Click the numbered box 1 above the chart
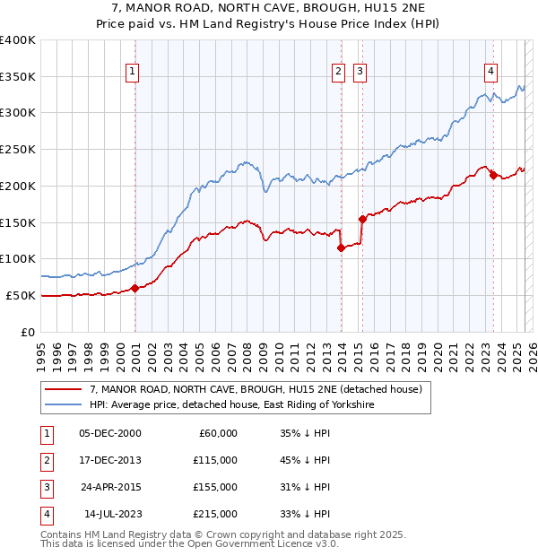coord(133,73)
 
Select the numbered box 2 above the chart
coord(338,73)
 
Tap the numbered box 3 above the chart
coord(360,73)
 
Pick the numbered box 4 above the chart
coord(491,73)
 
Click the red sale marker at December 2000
coord(135,288)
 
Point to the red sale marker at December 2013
coord(342,248)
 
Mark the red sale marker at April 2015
coord(362,218)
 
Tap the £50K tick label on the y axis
coord(22,295)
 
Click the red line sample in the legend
coord(62,390)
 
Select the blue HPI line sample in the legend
coord(62,405)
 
